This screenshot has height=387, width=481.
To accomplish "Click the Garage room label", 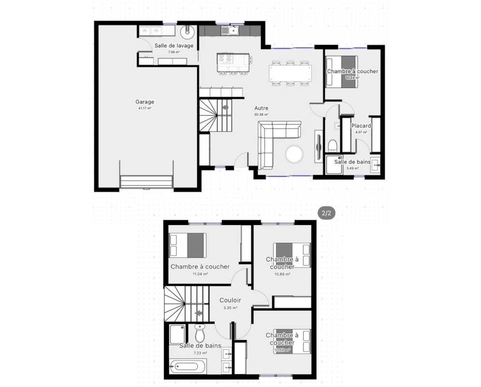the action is (x=145, y=102).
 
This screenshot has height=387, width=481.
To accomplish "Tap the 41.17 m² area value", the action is (x=145, y=109).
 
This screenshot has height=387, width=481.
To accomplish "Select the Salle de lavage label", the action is (x=174, y=46).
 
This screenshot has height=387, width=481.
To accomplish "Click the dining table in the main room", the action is (x=290, y=73).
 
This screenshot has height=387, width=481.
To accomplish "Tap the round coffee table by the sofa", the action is (x=294, y=153).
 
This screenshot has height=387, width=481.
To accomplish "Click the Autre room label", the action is (x=262, y=108).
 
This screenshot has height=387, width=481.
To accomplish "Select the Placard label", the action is (x=361, y=126).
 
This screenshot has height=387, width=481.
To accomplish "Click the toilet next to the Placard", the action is (x=332, y=146).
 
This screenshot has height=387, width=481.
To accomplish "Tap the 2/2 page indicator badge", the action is (x=326, y=213).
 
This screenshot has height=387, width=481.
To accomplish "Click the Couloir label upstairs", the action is (x=230, y=300).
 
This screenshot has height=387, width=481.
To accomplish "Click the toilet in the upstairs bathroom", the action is (x=200, y=333).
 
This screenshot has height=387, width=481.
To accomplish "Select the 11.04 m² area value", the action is (x=200, y=274).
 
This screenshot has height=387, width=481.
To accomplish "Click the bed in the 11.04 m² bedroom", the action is (x=188, y=246).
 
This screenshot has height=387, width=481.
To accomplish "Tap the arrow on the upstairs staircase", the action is (x=199, y=313).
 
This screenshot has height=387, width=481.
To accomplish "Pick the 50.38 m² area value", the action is (x=262, y=115).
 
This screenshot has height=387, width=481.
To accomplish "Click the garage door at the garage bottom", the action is (x=146, y=181).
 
